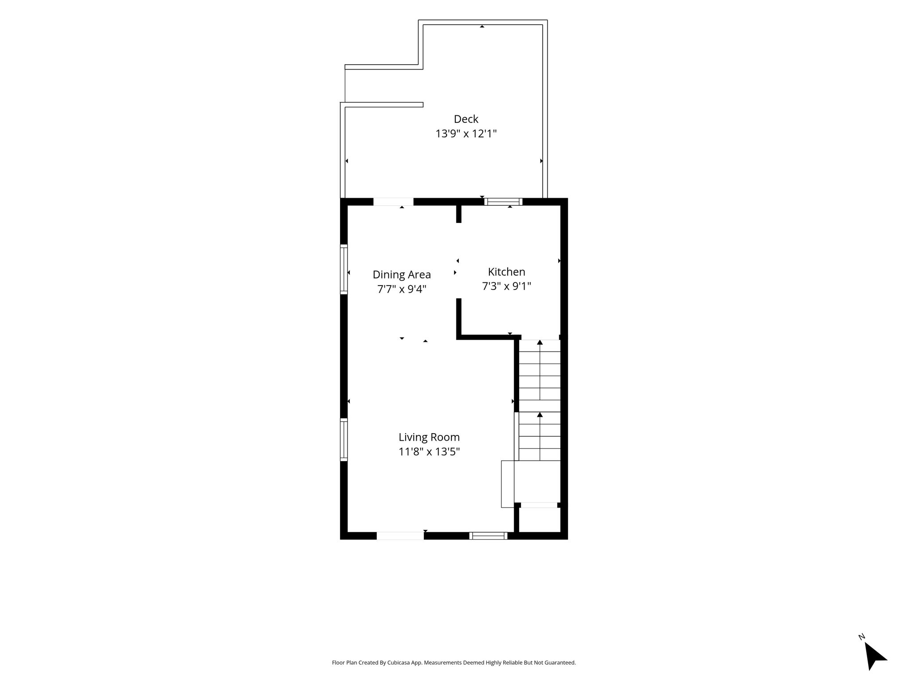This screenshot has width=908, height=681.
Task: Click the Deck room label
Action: click(466, 119)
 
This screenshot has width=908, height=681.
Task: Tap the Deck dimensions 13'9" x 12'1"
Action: click(466, 133)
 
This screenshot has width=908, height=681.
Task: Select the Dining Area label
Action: click(402, 274)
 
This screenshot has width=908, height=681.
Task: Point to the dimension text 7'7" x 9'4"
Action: click(402, 289)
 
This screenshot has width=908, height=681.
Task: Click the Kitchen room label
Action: click(506, 272)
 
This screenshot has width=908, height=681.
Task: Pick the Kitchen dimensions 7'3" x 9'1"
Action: click(506, 286)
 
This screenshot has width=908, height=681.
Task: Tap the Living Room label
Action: click(429, 437)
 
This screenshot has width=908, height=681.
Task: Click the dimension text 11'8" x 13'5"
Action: click(429, 452)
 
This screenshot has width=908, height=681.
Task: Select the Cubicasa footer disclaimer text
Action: click(454, 663)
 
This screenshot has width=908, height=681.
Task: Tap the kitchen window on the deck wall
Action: click(503, 202)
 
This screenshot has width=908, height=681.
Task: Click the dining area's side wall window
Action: click(344, 269)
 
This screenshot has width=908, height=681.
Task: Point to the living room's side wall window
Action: click(344, 439)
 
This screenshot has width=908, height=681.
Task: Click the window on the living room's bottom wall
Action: click(488, 536)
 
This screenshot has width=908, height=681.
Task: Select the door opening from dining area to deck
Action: click(393, 202)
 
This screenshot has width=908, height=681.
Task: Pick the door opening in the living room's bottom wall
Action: click(400, 536)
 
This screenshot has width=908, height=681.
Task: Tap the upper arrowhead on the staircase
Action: click(540, 342)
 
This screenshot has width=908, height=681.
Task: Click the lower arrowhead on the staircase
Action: click(540, 415)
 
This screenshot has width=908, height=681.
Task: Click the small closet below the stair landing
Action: click(539, 519)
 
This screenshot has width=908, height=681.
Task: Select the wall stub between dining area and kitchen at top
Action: click(459, 214)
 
